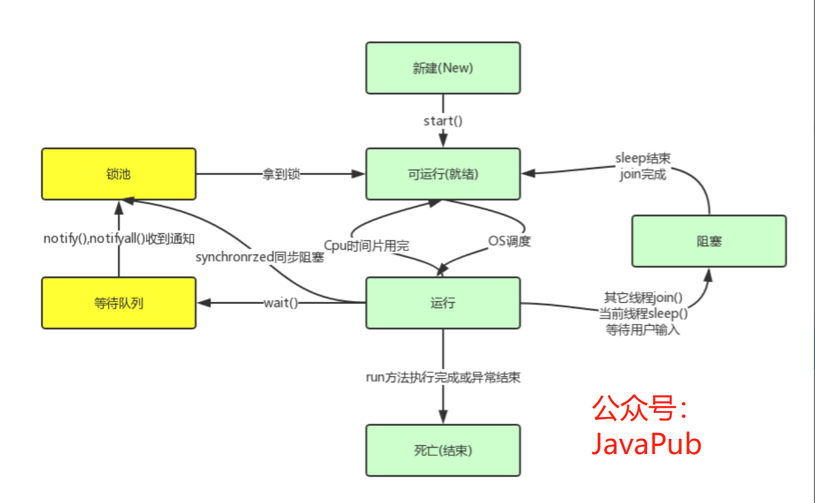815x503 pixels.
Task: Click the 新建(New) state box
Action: (443, 68)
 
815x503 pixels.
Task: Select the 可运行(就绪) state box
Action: (443, 174)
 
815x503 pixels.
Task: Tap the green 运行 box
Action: (443, 303)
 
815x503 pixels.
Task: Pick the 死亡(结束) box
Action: (443, 451)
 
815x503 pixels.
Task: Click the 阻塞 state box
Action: (708, 241)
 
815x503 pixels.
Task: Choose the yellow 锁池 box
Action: (118, 174)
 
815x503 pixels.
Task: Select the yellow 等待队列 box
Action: (118, 303)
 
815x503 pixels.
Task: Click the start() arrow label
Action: (443, 121)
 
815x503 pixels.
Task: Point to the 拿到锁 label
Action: (281, 174)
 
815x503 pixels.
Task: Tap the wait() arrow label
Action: (281, 303)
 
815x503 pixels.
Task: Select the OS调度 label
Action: (509, 241)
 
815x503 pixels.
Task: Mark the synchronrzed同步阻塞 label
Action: (260, 257)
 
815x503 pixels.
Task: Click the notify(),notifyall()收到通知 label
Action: (119, 239)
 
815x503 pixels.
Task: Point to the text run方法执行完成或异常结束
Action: (443, 378)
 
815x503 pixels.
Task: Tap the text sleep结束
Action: (643, 158)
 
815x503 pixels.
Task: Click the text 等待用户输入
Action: (642, 330)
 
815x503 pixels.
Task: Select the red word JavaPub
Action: (646, 444)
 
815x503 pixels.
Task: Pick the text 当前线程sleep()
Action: (643, 313)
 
